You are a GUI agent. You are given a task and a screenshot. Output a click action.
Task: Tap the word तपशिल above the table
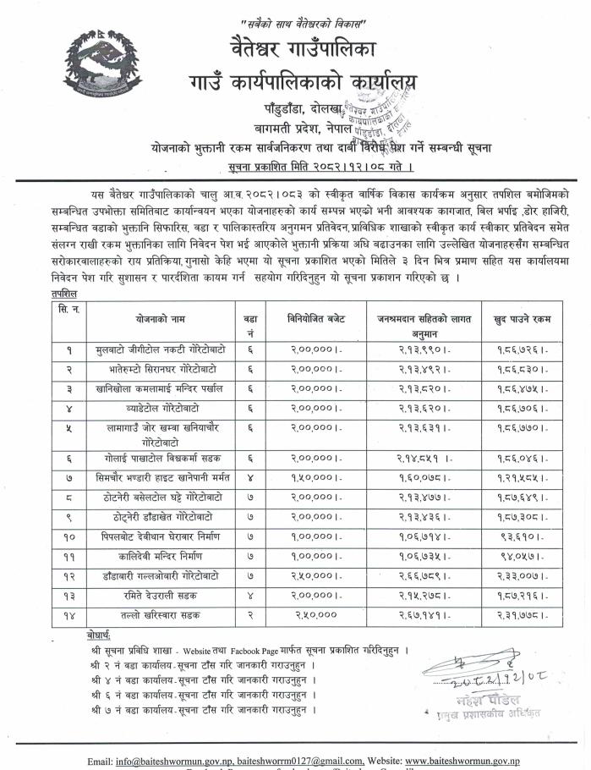(x=63, y=290)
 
